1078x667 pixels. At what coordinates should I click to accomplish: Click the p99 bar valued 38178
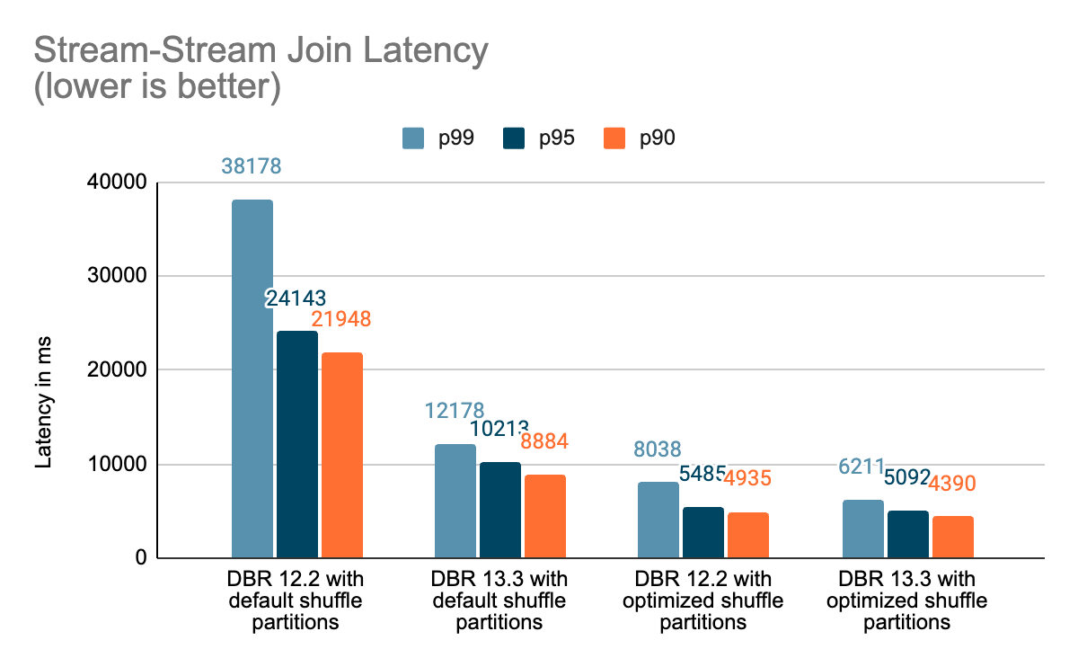click(x=252, y=378)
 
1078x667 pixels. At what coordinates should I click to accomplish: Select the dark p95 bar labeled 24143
click(x=297, y=444)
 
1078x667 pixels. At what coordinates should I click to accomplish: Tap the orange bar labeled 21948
click(x=342, y=455)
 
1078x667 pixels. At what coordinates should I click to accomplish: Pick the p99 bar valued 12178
click(x=455, y=501)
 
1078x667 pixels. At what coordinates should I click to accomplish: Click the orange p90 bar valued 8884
click(x=545, y=516)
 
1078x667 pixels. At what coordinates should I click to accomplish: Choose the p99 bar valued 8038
click(x=658, y=520)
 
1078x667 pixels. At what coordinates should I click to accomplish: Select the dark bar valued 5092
click(x=908, y=534)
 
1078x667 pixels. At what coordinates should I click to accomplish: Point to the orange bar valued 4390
click(x=953, y=537)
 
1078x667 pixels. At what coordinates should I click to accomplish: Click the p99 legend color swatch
click(x=413, y=138)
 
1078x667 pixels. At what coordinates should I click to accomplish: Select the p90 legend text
click(x=658, y=138)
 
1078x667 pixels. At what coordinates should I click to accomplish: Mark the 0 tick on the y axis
click(x=140, y=557)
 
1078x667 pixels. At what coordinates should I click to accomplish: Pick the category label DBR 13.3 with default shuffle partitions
click(x=499, y=599)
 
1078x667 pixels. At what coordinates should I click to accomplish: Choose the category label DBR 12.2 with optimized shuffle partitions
click(x=702, y=599)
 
